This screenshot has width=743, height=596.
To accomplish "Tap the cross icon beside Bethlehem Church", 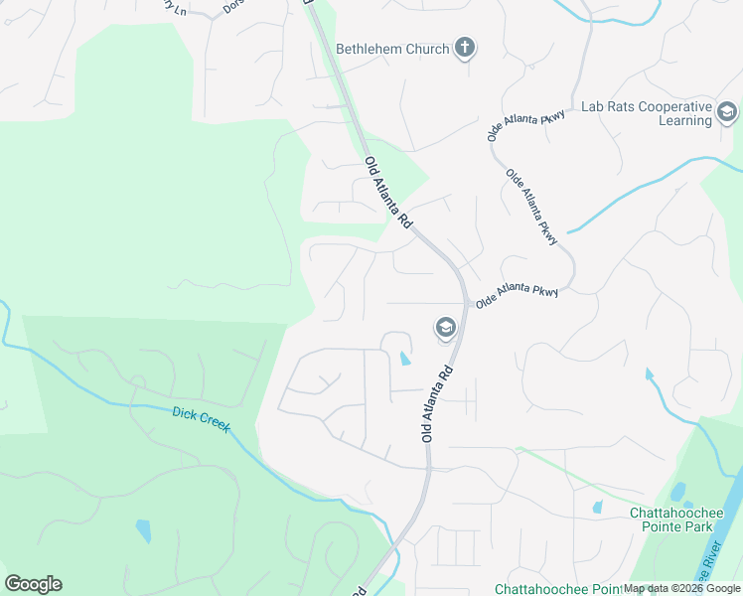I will coord(465,47).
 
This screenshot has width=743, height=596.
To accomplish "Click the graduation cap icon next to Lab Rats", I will coord(726,113).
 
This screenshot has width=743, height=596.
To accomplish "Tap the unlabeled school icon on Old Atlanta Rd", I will coord(445,327).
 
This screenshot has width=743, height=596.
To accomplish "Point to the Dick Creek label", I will coord(201,419).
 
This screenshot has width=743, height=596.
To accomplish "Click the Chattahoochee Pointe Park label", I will coord(684,520).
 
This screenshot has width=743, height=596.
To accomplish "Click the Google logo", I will coord(33,584).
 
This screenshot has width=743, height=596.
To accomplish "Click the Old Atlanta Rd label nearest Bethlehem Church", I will coord(387,195).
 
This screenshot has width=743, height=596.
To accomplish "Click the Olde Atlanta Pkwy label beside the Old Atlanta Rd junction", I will coord(517,295).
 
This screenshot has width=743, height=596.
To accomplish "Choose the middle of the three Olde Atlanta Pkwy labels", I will coord(532,205).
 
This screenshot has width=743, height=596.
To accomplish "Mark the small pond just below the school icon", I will coord(403,358).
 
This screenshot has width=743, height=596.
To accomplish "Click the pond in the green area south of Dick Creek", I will coord(143,530).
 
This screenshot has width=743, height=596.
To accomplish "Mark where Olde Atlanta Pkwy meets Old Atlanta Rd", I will coord(466,301).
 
